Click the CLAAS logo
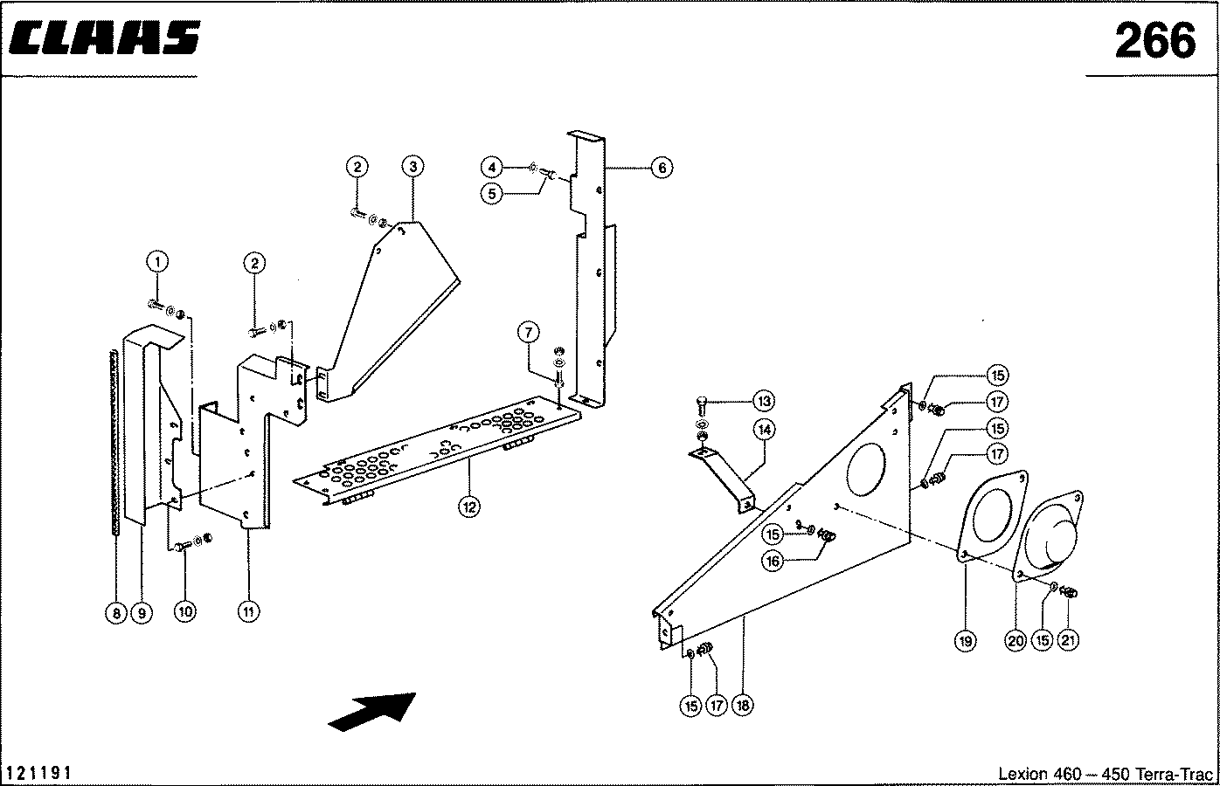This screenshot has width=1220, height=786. [105, 38]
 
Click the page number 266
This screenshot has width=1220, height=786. [1154, 41]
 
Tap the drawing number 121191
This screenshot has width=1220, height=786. [38, 772]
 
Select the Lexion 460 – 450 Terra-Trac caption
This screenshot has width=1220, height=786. [1106, 774]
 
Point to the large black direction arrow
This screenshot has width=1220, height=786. [372, 712]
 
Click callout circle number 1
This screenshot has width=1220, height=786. [157, 262]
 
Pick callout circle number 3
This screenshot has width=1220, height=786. [412, 166]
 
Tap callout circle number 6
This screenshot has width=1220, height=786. [662, 167]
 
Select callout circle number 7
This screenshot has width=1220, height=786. [529, 332]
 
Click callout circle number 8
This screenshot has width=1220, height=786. [116, 613]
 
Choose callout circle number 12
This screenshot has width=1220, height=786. [469, 507]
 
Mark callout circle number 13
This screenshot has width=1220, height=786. [764, 401]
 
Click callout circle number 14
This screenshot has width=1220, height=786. [765, 430]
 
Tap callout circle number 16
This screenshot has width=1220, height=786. [773, 561]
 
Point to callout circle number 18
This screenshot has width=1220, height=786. [742, 706]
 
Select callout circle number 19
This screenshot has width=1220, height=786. [966, 641]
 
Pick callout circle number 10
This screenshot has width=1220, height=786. [185, 611]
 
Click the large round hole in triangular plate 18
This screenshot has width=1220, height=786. [848, 469]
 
